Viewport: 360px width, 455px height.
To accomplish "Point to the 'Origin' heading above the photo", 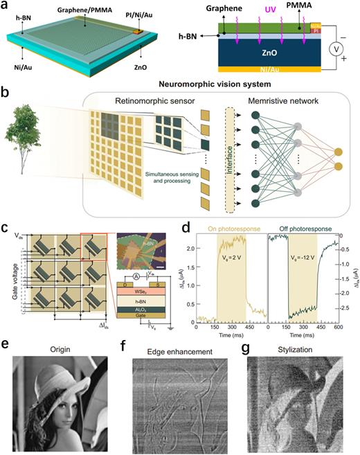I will (x=58, y=346).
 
